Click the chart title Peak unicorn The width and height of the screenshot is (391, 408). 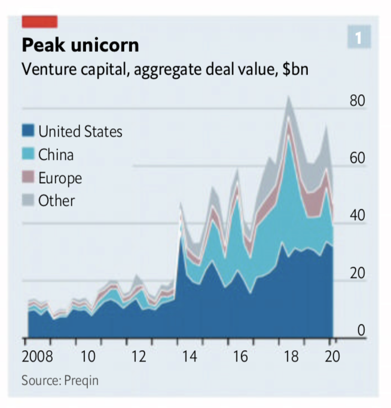click(80, 45)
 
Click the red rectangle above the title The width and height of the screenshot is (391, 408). click(39, 21)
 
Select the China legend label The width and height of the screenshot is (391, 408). click(56, 154)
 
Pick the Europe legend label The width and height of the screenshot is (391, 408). click(60, 178)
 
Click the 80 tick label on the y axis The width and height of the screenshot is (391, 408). click(357, 100)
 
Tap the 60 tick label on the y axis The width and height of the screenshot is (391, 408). click(357, 158)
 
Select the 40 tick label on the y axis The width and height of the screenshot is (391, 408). click(357, 215)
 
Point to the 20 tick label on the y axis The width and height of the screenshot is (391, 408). click(357, 273)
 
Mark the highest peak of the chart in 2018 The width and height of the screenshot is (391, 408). click(289, 97)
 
